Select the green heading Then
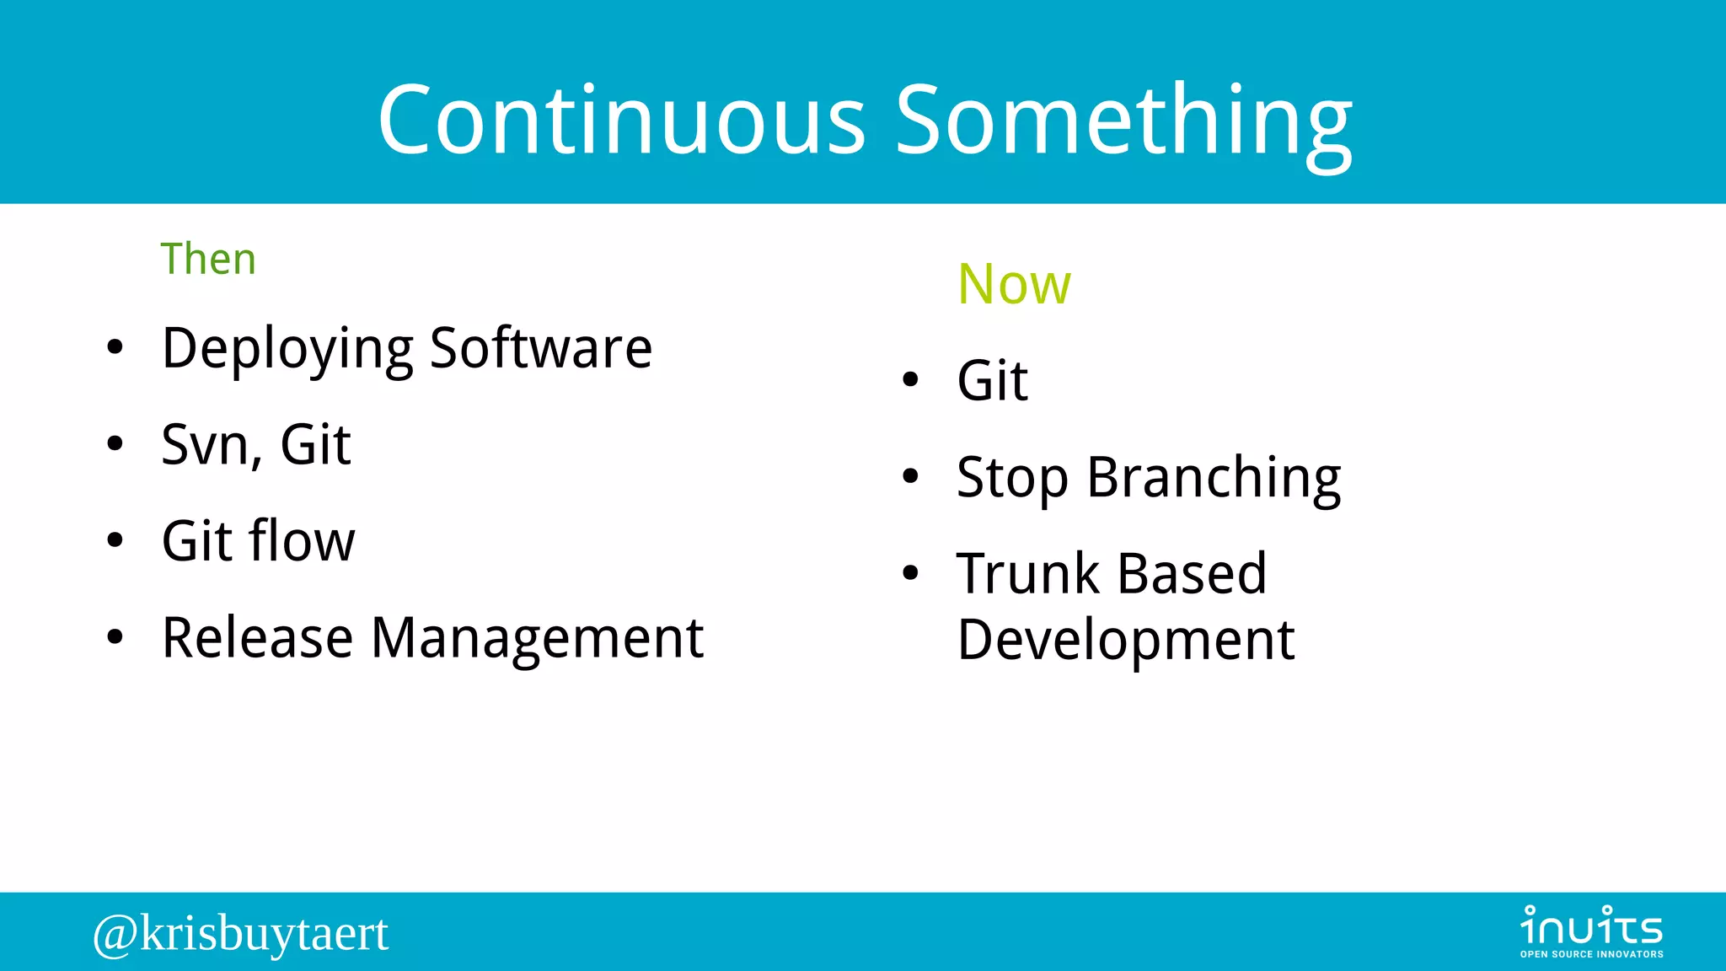208,259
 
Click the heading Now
1014,284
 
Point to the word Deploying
287,349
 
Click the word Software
541,347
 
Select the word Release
257,638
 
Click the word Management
537,638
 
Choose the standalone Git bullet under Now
992,381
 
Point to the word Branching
1214,479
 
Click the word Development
1125,641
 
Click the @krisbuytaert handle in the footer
241,933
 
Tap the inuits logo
1591,931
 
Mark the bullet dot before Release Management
115,637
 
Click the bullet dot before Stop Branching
910,476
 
